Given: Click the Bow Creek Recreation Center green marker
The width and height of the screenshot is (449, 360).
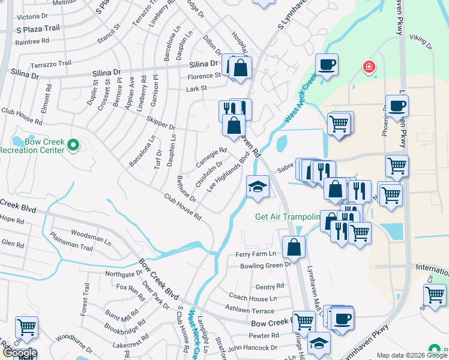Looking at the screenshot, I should pyautogui.click(x=73, y=145).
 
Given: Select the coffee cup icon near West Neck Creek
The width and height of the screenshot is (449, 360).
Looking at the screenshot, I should pyautogui.click(x=327, y=65).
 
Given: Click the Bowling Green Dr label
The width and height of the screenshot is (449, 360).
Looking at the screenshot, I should pyautogui.click(x=265, y=265).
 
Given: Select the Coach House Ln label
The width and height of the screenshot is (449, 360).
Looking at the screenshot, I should pyautogui.click(x=253, y=298).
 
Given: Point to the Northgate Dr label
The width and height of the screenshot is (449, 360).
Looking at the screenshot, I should pyautogui.click(x=123, y=274).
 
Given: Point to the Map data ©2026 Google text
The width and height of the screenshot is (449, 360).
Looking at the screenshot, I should pyautogui.click(x=411, y=355).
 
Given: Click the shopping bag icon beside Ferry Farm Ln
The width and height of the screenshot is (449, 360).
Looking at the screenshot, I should pyautogui.click(x=294, y=247).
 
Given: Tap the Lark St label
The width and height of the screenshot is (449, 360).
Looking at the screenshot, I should pyautogui.click(x=196, y=88).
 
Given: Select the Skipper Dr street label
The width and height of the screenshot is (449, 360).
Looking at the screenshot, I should pyautogui.click(x=163, y=128).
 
